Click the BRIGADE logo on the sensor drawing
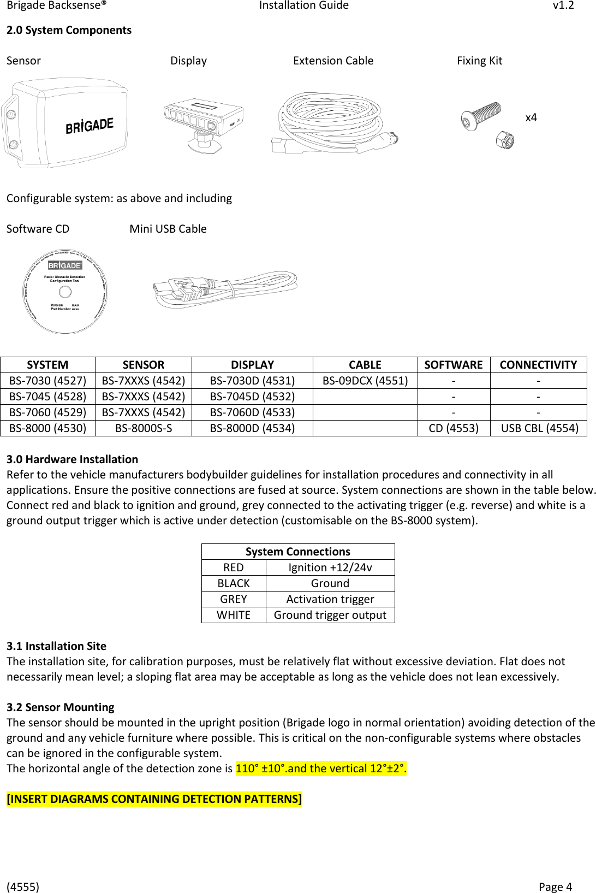[90, 126]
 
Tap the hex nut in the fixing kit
[505, 140]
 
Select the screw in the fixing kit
[481, 116]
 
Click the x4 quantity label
[531, 117]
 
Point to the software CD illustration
[65, 292]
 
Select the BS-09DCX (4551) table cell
[365, 381]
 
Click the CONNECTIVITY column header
[538, 365]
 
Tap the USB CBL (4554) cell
[539, 428]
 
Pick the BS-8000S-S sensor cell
[144, 428]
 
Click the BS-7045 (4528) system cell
[47, 397]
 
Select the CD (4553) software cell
[454, 428]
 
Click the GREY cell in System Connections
[234, 599]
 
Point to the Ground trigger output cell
[330, 615]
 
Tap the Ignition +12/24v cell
[330, 567]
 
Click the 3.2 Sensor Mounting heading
[61, 707]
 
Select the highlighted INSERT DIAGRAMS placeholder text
[154, 799]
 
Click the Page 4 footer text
[555, 887]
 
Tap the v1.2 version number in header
[563, 5]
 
